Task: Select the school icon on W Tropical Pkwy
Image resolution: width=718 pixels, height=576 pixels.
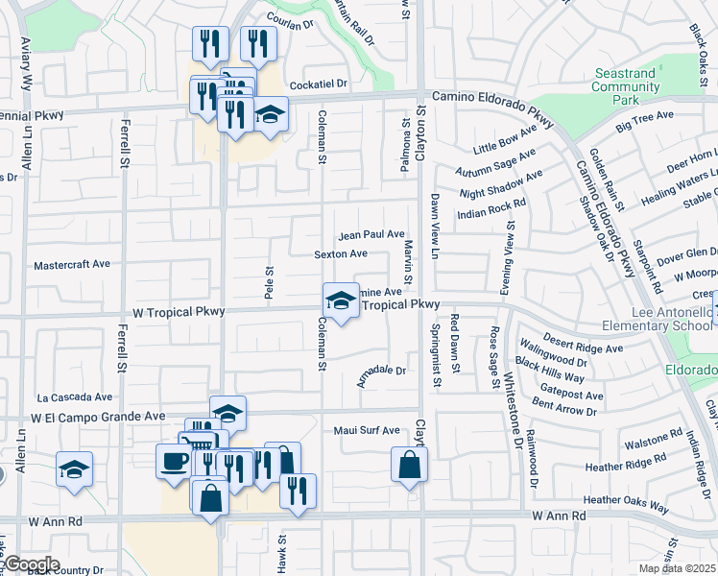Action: coord(340,300)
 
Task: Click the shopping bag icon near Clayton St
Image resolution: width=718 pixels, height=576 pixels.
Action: coord(409,467)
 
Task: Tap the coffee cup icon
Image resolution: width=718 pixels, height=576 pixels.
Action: coord(174,461)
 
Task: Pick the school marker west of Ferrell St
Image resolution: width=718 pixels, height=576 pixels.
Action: coord(75,469)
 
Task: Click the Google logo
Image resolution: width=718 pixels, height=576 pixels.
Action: coord(31,564)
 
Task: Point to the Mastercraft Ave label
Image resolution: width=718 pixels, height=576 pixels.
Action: coord(72,264)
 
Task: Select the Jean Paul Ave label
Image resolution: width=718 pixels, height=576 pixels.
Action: coord(371,235)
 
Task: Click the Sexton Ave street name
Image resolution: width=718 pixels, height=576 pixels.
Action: coord(341,254)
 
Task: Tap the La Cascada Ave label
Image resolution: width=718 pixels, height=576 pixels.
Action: coord(75,397)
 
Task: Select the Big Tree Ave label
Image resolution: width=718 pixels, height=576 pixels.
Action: coord(645,121)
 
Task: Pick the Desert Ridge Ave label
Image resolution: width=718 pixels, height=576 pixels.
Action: coord(578,341)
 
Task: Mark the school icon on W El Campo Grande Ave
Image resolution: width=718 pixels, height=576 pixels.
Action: coord(227,414)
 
